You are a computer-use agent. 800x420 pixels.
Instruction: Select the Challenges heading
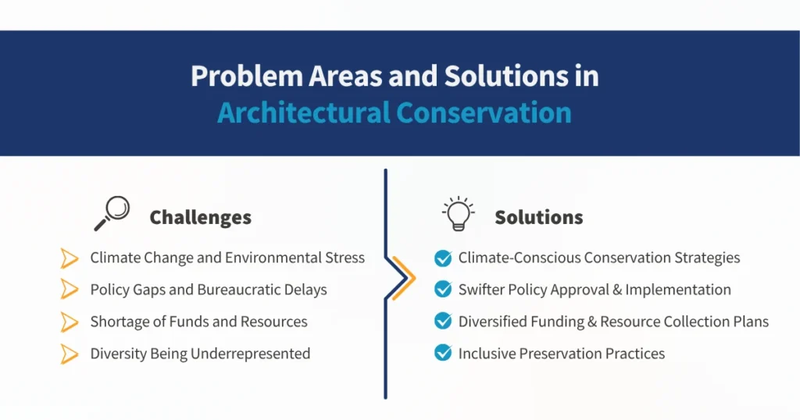(200, 217)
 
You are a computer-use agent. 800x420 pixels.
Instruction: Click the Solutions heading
(538, 217)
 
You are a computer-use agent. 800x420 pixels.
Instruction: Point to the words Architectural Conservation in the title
(395, 112)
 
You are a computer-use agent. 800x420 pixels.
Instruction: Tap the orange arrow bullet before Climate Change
(70, 258)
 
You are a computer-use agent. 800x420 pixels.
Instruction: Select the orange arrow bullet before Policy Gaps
(70, 290)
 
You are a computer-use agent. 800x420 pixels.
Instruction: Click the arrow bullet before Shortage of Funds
(70, 322)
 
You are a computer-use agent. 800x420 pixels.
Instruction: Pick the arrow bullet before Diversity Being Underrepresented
(70, 354)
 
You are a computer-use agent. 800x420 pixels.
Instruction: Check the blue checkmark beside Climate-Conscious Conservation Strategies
(443, 258)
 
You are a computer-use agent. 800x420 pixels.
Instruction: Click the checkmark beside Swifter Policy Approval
(443, 290)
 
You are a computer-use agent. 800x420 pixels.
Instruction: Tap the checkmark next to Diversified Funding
(443, 322)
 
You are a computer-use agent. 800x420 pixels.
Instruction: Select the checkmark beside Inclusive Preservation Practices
(443, 354)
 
